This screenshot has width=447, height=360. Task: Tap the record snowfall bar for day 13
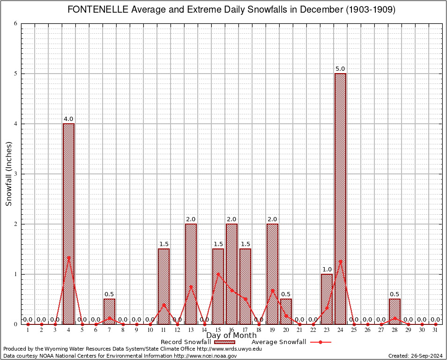[191, 274]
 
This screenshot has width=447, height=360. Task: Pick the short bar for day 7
[109, 311]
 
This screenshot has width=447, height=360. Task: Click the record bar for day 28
[395, 311]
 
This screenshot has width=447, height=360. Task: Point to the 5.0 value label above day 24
[340, 69]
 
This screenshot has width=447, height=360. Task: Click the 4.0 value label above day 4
[68, 119]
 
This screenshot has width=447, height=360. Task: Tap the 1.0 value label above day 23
[327, 270]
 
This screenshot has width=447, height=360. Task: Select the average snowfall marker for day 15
[218, 274]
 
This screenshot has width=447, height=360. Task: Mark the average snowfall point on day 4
[68, 257]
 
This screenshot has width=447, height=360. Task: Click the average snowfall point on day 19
[272, 291]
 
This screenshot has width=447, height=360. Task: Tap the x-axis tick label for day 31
[436, 330]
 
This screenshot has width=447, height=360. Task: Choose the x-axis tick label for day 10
[150, 330]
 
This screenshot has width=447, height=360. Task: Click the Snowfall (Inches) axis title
[8, 174]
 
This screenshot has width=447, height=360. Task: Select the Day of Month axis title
[231, 336]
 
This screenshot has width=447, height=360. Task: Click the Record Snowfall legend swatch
[224, 342]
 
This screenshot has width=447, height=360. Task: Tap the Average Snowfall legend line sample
[320, 342]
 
